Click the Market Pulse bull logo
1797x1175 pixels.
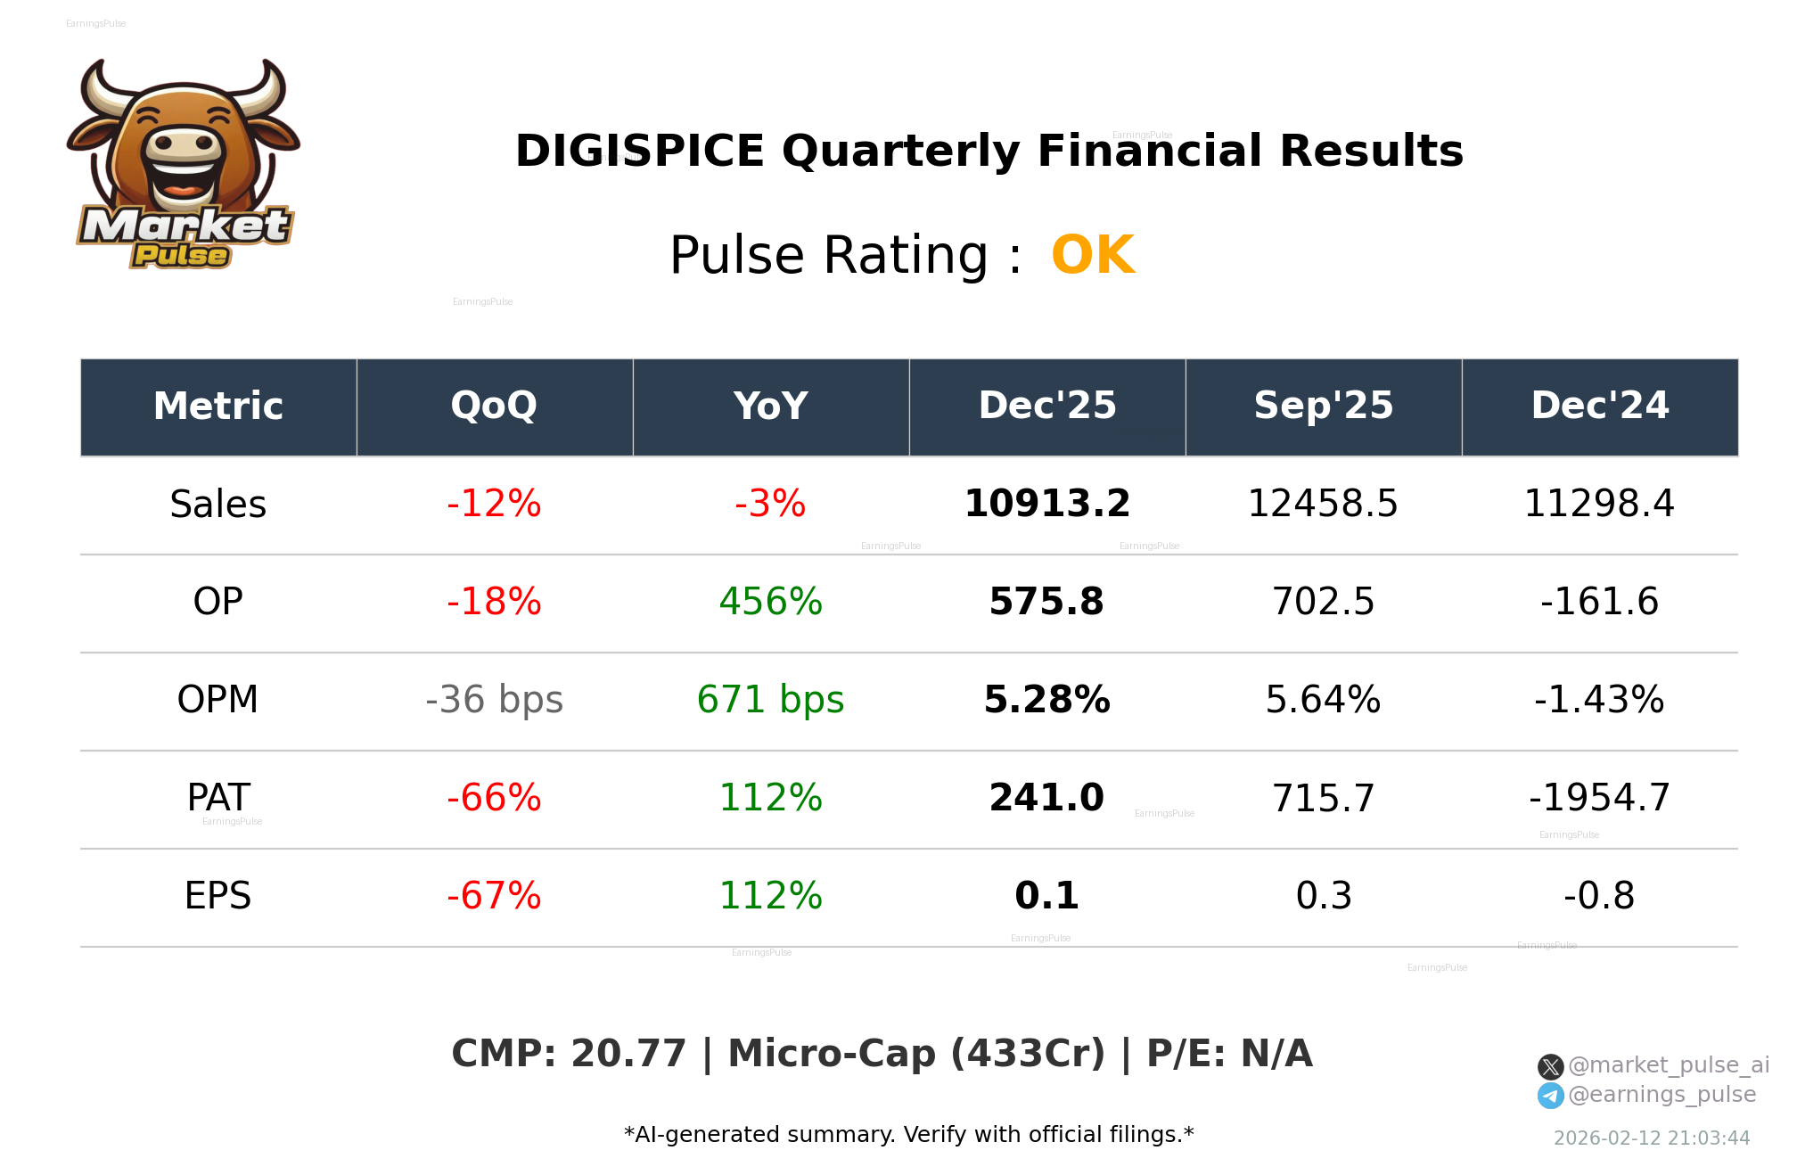coord(183,165)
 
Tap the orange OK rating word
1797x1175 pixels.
coord(1092,256)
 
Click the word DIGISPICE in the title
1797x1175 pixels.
coord(639,151)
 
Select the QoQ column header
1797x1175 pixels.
coord(494,407)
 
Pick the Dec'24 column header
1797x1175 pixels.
coord(1599,407)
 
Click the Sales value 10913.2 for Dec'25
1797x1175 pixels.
coord(1046,504)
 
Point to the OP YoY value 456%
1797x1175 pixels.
coord(770,602)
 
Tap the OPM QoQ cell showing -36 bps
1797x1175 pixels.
coord(494,700)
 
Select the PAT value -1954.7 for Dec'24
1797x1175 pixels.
coord(1599,798)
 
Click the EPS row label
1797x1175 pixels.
coord(217,896)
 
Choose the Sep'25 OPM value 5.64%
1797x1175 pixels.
coord(1323,700)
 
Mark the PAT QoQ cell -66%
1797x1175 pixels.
coord(494,798)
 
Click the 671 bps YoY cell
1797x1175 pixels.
coord(770,700)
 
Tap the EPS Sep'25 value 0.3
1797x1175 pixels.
coord(1323,896)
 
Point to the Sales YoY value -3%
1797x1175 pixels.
coord(770,504)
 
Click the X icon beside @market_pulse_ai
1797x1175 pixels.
coord(1550,1066)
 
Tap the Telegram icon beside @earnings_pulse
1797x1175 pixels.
coord(1550,1096)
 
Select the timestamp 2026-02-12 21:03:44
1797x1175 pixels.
coord(1651,1138)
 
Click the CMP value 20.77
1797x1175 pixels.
coord(628,1054)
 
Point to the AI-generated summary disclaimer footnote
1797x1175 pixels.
coord(908,1135)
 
